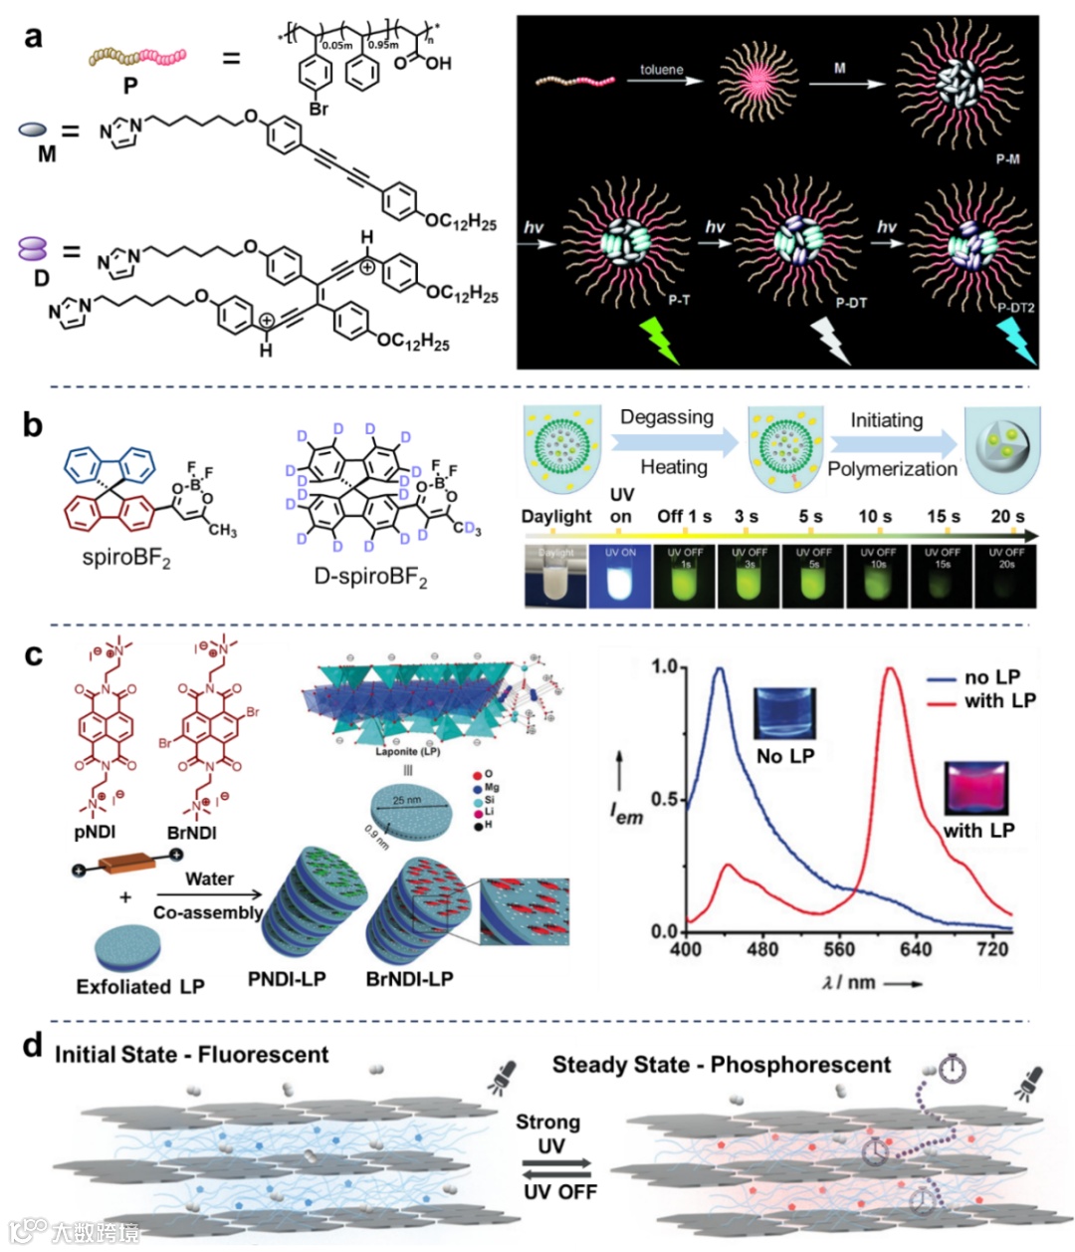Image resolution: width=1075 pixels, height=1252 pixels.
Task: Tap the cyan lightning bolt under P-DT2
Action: (1016, 341)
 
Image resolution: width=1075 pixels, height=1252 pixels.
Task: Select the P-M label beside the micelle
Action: (1007, 158)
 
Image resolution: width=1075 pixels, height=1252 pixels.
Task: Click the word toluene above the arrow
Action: (662, 70)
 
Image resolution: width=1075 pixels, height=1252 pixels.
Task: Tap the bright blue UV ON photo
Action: (620, 576)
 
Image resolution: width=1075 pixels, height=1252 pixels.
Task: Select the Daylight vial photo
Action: (556, 576)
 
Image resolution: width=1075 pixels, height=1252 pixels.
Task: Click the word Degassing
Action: (667, 417)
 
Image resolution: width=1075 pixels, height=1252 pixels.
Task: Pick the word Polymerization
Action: (892, 469)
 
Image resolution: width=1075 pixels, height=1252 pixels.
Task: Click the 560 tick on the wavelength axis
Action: (839, 949)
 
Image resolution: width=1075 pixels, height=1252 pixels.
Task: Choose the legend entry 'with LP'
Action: (998, 701)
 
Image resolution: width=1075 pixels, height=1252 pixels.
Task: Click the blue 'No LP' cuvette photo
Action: (785, 713)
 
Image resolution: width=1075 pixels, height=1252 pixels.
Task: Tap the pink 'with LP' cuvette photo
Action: (977, 789)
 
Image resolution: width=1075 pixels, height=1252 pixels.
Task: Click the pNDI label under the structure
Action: (104, 833)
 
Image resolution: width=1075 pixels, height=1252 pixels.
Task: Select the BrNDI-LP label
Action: (409, 979)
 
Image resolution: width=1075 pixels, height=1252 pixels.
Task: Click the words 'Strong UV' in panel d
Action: (548, 1133)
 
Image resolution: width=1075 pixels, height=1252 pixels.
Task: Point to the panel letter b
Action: (33, 425)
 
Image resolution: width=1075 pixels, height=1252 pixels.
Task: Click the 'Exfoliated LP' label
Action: (140, 987)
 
